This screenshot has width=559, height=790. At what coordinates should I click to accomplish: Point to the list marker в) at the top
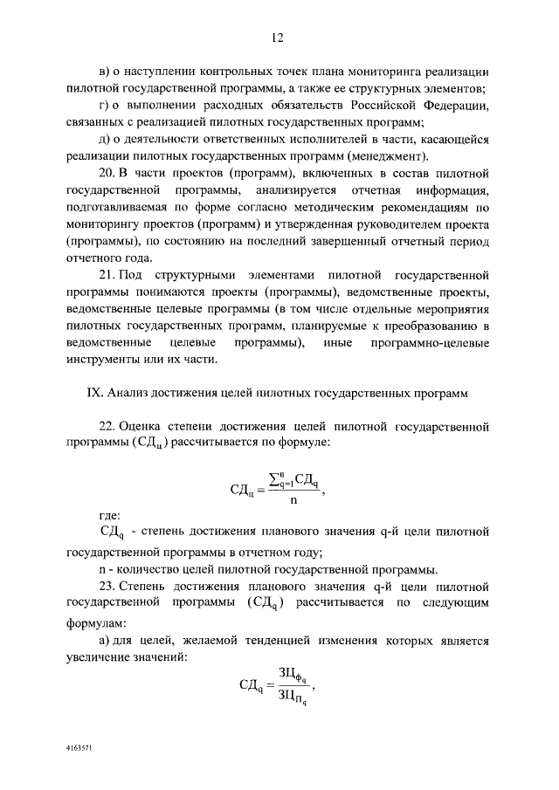pyautogui.click(x=105, y=71)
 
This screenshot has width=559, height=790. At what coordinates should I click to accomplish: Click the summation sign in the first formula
pyautogui.click(x=278, y=479)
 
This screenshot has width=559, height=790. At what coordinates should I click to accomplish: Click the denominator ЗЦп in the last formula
pyautogui.click(x=292, y=697)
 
